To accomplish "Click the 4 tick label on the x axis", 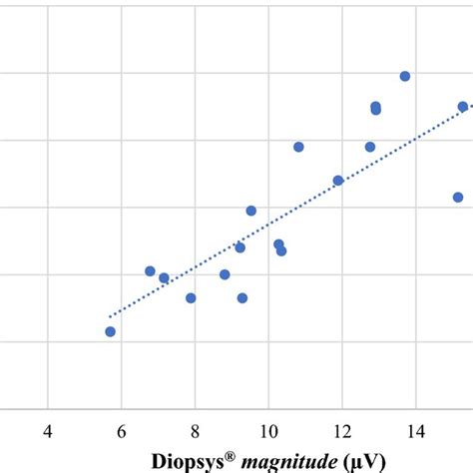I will (48, 431).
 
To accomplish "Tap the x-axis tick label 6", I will (122, 431).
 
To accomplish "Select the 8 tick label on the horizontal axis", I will (195, 431).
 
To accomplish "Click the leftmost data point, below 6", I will (110, 331).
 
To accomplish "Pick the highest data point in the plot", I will (405, 76).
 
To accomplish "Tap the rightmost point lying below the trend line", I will (458, 197).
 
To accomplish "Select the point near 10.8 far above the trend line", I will (298, 147).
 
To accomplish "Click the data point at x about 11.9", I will (338, 180).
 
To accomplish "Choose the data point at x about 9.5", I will (251, 211).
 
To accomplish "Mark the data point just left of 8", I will (191, 297).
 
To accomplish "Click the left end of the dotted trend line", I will (110, 316).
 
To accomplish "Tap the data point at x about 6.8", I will (150, 270).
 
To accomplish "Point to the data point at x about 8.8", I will (225, 273).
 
